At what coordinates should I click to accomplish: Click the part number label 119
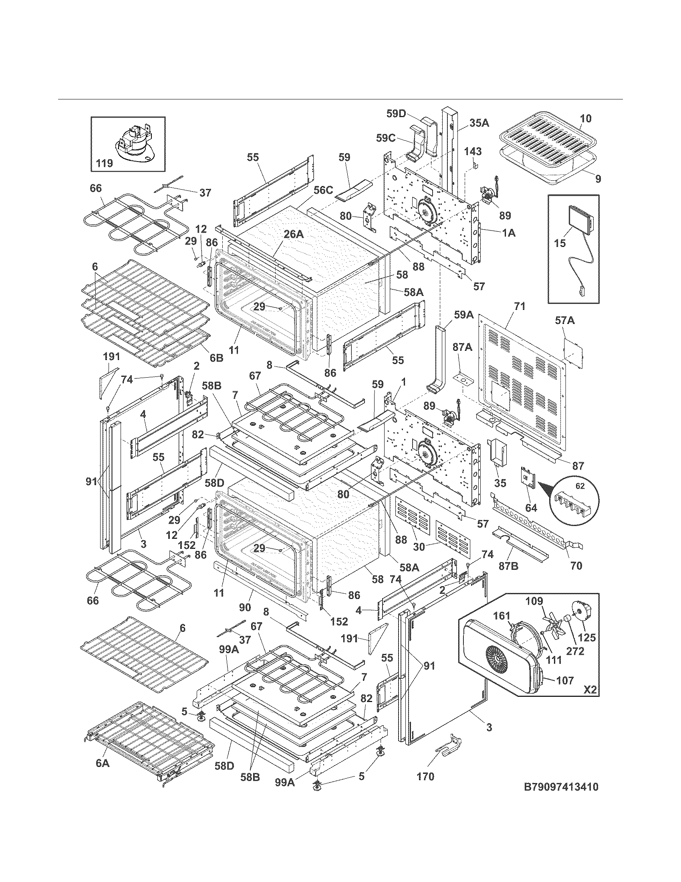coord(104,163)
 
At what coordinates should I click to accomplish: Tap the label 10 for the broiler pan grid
coord(586,118)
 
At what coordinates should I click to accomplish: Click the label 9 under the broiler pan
coord(598,179)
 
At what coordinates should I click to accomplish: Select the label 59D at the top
coord(396,114)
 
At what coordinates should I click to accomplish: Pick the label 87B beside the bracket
coord(509,566)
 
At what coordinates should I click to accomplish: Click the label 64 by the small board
coord(531,508)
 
